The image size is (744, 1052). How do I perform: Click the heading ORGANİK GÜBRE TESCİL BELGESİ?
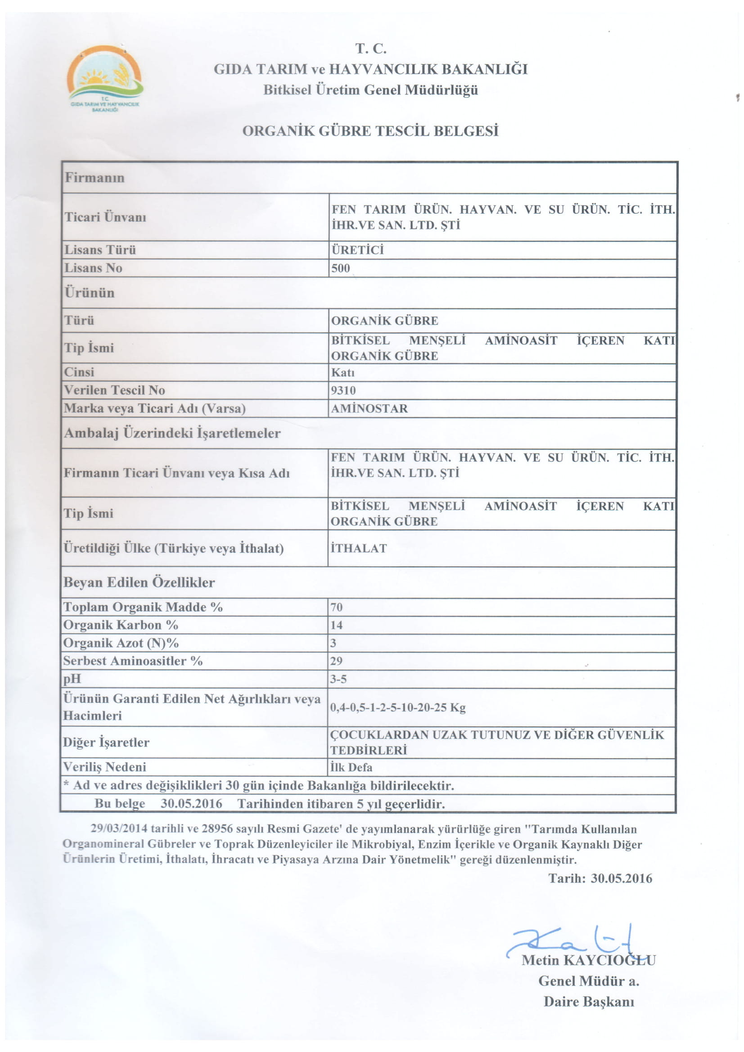click(370, 131)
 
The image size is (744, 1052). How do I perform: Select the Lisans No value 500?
click(340, 268)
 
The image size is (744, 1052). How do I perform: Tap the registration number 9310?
click(343, 390)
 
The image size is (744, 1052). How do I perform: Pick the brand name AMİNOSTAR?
click(369, 408)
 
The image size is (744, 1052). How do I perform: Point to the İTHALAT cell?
click(358, 548)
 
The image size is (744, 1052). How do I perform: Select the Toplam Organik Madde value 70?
click(336, 607)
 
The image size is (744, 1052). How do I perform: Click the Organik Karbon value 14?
click(336, 625)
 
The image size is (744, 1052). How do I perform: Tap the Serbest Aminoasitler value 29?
click(336, 661)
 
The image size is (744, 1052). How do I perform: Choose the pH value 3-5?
click(338, 679)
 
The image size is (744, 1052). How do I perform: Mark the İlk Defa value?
click(351, 767)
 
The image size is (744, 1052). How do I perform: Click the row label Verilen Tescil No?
click(114, 390)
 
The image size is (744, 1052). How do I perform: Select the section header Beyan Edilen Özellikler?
click(139, 582)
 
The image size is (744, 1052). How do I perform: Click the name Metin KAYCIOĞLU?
click(588, 960)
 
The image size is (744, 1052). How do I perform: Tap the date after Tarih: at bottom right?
click(621, 878)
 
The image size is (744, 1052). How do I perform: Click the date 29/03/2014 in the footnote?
click(119, 829)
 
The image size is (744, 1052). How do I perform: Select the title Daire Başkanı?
click(589, 1002)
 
